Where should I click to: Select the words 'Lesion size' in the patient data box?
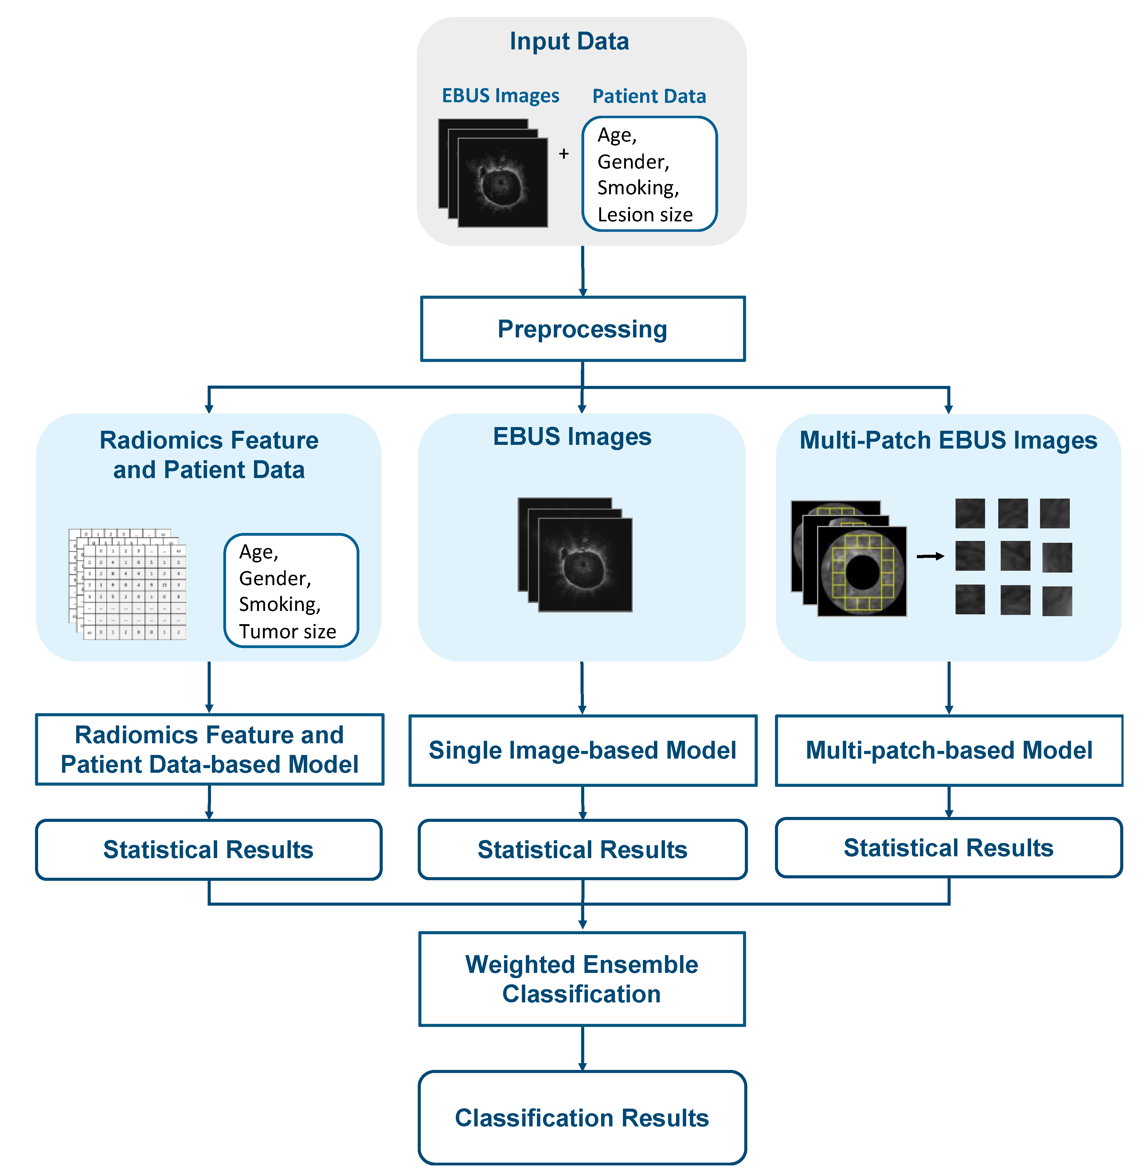coord(645,215)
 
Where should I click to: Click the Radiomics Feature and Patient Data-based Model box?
coord(209,749)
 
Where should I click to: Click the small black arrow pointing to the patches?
coord(930,556)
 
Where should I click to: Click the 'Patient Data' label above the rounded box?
coord(649,96)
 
